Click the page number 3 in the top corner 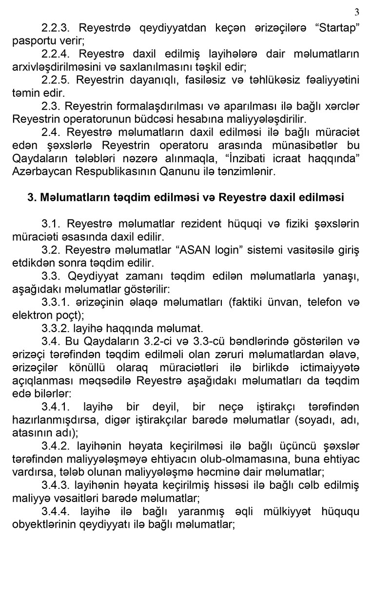(x=356, y=12)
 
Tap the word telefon (x=325, y=303)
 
